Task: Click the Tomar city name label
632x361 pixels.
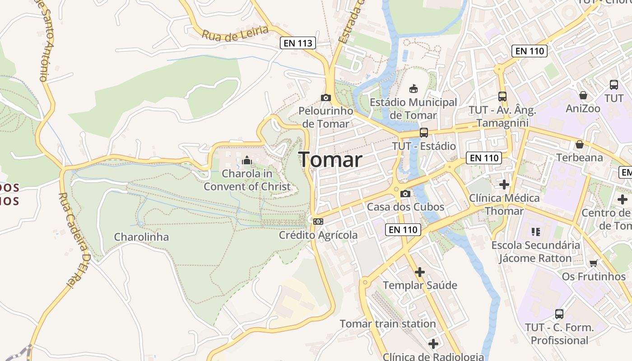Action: pos(330,160)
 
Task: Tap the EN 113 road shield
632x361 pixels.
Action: pos(298,43)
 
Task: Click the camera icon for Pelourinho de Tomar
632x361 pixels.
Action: pos(325,97)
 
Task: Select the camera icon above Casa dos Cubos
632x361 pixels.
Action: pos(405,194)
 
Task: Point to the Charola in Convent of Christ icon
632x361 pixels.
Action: pos(247,160)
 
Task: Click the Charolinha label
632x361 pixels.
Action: pos(141,237)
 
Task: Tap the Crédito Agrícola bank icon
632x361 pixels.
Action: pos(318,221)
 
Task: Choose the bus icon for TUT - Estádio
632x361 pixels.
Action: pos(423,132)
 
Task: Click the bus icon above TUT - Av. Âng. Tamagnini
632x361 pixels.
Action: pos(502,96)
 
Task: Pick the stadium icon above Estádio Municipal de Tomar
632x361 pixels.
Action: pos(414,88)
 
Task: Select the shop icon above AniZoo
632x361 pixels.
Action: pos(583,95)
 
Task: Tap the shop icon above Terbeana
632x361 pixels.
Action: pos(580,144)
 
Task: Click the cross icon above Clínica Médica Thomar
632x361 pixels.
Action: pos(504,185)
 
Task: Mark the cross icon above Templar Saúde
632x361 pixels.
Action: pos(420,272)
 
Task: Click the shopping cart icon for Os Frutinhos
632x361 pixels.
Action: pos(594,263)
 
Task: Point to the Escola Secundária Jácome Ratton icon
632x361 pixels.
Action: pos(536,232)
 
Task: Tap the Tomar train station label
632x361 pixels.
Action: pos(388,324)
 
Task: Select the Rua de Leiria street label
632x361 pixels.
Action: pos(235,33)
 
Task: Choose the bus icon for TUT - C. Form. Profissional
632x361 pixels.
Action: pos(559,314)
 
